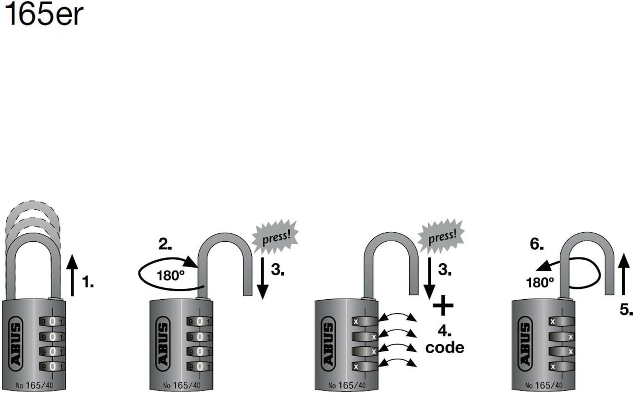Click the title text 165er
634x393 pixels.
pos(43,16)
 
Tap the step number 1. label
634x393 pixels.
pos(87,283)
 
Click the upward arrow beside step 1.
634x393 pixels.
pos(72,276)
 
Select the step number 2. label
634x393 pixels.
pos(165,244)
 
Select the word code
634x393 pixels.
pos(444,347)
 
